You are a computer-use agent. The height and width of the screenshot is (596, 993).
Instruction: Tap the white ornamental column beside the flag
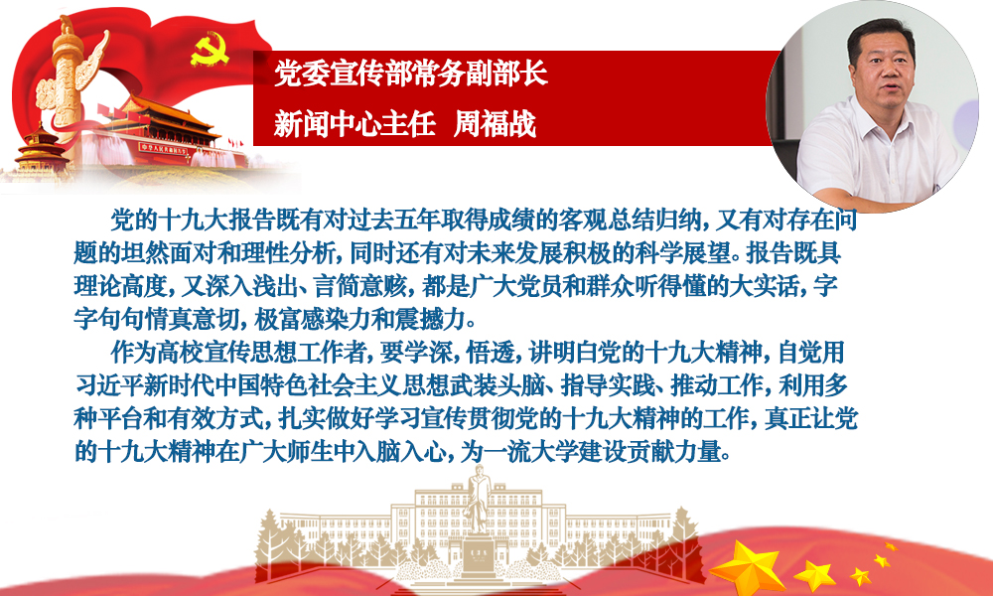coord(65,82)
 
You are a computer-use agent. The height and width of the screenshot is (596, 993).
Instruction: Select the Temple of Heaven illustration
coord(40,149)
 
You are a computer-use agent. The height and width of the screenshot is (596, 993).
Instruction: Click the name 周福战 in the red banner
coord(495,124)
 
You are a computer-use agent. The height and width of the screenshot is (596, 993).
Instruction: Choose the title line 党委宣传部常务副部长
coord(410,74)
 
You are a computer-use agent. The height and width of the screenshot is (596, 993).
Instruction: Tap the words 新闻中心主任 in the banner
coord(355,124)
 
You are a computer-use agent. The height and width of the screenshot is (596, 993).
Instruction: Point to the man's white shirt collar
coord(880,117)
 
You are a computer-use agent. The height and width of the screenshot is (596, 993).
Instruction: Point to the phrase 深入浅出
coord(230,286)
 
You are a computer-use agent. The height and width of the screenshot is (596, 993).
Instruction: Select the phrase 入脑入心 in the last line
coord(397,452)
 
